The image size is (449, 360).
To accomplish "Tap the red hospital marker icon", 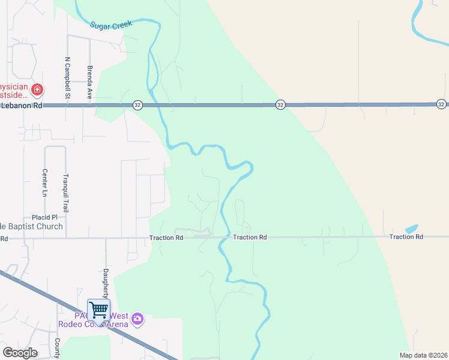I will [x=38, y=90].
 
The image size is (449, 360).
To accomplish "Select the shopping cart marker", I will [x=98, y=310].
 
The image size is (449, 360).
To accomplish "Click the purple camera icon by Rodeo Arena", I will [x=138, y=319].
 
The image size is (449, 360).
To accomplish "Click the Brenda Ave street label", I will [x=89, y=82].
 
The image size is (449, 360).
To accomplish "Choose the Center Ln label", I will [x=44, y=182].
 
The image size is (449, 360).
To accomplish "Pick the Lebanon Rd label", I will [x=23, y=105].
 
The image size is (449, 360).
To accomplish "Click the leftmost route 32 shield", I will [x=138, y=105].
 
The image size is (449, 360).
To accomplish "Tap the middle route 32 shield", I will [x=280, y=105].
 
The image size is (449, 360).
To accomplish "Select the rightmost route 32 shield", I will [x=441, y=104].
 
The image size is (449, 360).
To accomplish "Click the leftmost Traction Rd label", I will [x=166, y=238].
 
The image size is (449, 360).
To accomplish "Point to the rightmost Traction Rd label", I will [x=406, y=237].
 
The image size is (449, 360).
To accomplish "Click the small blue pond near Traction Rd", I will [x=412, y=229].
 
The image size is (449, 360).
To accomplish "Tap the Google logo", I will [x=20, y=353].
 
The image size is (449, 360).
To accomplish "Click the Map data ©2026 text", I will [x=423, y=355].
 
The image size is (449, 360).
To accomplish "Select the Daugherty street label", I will [x=106, y=283].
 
